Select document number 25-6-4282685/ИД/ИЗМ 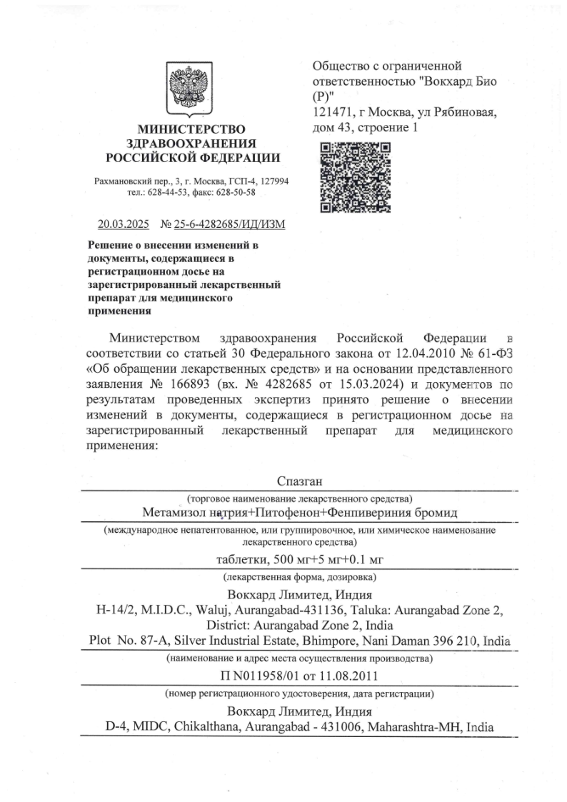point(224,224)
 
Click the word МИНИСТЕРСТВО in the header point(191,129)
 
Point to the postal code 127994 point(272,181)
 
